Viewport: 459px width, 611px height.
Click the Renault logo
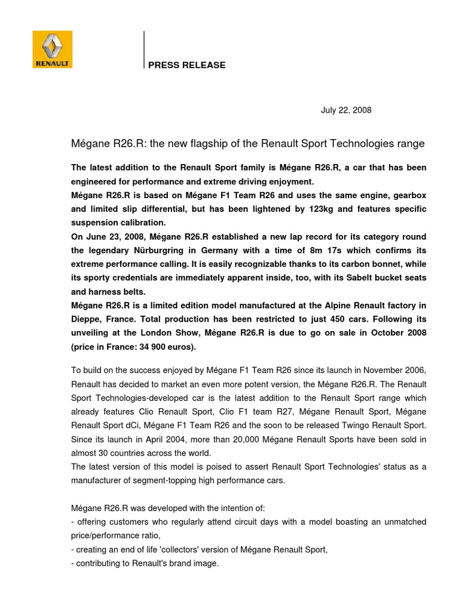click(53, 50)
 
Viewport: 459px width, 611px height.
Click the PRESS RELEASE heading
click(187, 65)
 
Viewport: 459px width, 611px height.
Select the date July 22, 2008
click(346, 110)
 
